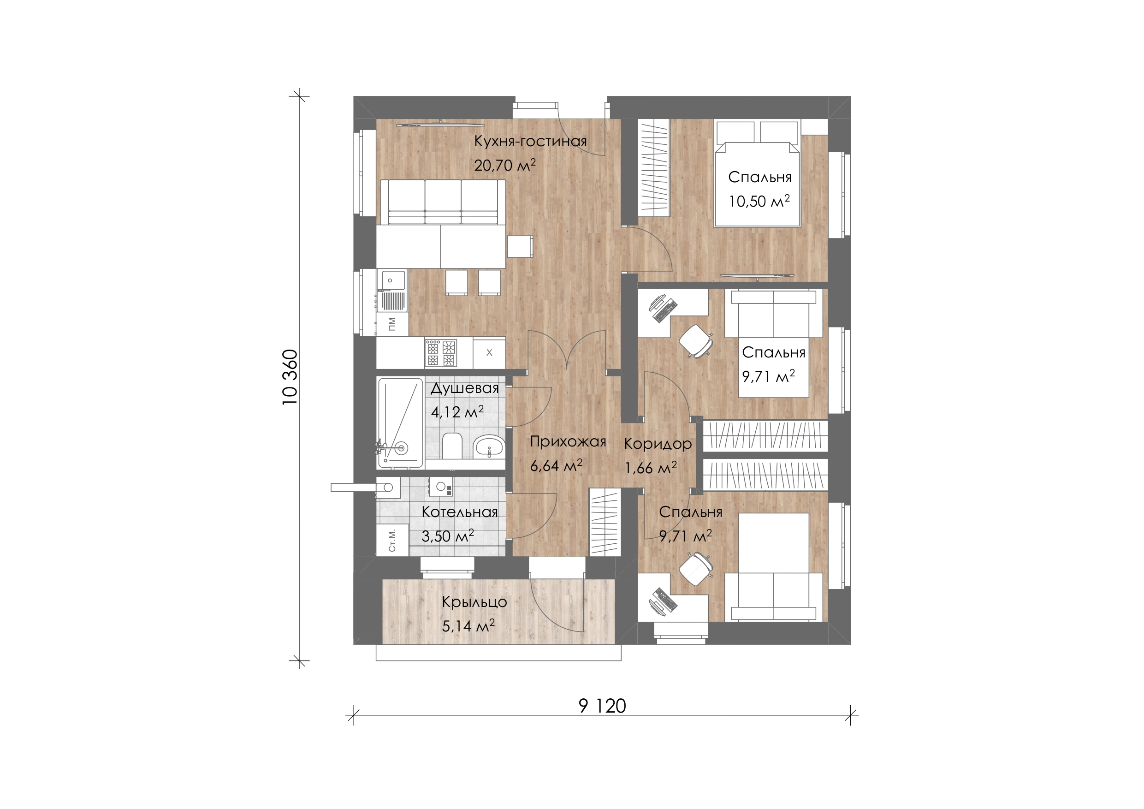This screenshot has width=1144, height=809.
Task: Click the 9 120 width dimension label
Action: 602,706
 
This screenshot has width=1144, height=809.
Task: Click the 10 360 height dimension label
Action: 290,377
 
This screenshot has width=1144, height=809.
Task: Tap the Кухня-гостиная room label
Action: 530,141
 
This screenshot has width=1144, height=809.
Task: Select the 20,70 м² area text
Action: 505,165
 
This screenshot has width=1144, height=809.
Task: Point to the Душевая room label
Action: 464,388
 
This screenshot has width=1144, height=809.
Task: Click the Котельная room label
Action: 459,512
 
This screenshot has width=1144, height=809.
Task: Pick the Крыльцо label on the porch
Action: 474,602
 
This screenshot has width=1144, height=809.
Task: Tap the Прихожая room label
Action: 568,442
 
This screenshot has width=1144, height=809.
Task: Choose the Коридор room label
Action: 658,444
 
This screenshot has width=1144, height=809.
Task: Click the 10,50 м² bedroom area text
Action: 759,201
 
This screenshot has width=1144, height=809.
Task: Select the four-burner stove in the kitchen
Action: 440,353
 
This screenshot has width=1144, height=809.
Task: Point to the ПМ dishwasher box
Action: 392,325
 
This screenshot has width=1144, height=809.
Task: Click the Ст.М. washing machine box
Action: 392,540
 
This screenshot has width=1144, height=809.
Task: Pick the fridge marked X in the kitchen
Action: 489,353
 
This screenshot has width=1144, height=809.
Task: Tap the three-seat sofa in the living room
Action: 443,202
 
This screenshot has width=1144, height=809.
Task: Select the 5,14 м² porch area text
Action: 468,625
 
